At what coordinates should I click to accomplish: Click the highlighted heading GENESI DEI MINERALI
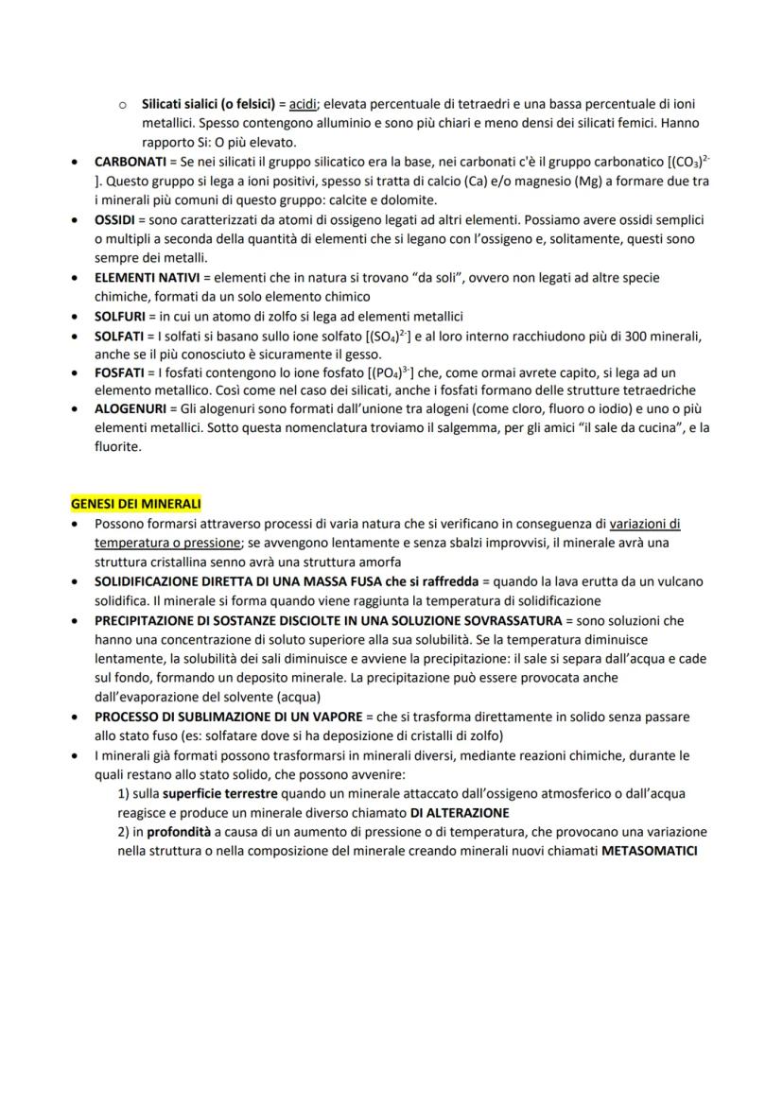tap(136, 504)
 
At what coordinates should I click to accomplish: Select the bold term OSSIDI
tap(114, 219)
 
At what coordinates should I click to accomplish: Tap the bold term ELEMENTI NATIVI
tap(146, 277)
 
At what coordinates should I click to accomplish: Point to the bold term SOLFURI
tap(120, 316)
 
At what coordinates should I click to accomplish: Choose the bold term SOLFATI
tap(119, 336)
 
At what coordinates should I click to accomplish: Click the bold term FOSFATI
tap(118, 372)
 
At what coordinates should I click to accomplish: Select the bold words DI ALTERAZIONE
tap(460, 812)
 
